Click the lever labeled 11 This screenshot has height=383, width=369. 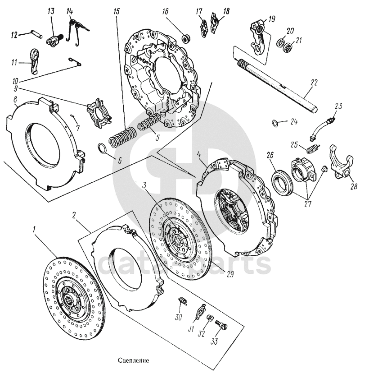coord(35,60)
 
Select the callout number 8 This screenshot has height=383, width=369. coord(16,100)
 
